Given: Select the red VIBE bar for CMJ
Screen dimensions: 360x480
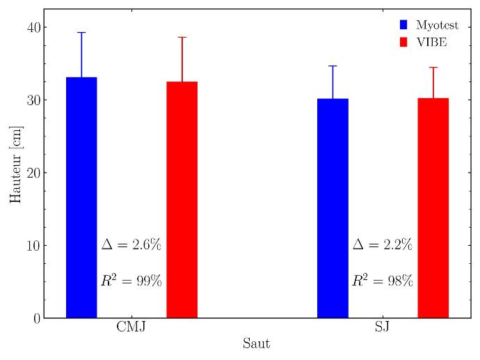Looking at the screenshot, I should point(182,199).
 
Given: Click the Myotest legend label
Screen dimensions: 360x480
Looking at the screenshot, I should point(437,25).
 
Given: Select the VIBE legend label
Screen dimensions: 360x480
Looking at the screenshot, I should point(431,42).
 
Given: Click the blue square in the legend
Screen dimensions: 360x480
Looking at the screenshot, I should point(403,25).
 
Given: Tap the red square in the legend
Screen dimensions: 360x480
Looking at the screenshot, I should point(403,42).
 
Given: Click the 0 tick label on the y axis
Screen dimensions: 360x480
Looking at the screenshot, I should point(34,318).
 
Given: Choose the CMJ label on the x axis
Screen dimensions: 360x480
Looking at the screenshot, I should point(131,327).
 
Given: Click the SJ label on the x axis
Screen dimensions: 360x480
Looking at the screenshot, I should point(383,327).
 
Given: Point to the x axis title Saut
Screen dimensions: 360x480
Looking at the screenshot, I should point(256,344).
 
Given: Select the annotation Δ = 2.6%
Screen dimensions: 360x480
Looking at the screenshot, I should point(131,244).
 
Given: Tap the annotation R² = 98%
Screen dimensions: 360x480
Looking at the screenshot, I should point(383,281).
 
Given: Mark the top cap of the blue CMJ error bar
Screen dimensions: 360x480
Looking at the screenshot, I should point(81,32).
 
